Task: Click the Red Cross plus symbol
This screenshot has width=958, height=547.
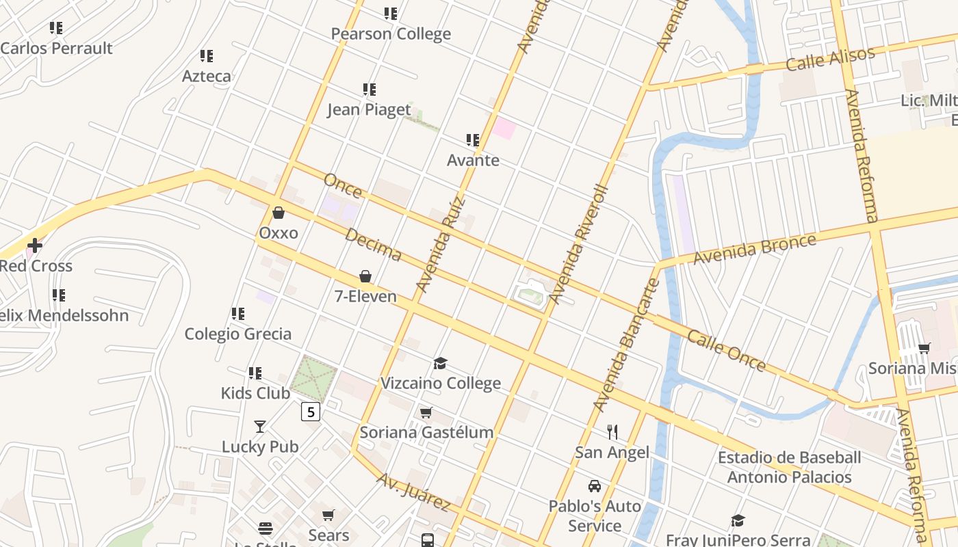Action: [x=35, y=245]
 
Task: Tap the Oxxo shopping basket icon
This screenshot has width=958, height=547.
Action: [x=279, y=213]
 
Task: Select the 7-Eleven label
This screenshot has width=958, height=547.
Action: [x=365, y=296]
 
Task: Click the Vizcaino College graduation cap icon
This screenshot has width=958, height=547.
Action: [x=440, y=363]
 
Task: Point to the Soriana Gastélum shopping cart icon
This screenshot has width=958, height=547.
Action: [x=426, y=412]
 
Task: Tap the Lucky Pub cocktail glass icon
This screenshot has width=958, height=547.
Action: [x=260, y=427]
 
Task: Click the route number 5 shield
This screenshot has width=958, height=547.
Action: [x=311, y=412]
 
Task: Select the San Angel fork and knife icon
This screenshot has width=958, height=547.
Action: [x=612, y=431]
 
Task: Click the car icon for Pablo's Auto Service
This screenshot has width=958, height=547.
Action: [x=595, y=486]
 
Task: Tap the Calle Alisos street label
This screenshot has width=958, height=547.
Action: [x=830, y=59]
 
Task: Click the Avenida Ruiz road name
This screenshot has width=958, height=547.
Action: [x=440, y=244]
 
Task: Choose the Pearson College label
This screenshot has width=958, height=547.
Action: [x=391, y=34]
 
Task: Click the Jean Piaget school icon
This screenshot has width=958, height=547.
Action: [x=370, y=90]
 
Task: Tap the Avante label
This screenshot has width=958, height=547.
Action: [x=473, y=161]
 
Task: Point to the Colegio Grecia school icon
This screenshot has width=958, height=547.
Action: [x=238, y=314]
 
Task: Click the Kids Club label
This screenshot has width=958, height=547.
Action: [x=255, y=393]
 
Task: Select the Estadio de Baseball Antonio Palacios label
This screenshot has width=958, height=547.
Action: [x=789, y=467]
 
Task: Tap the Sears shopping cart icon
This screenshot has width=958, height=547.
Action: [x=328, y=515]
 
